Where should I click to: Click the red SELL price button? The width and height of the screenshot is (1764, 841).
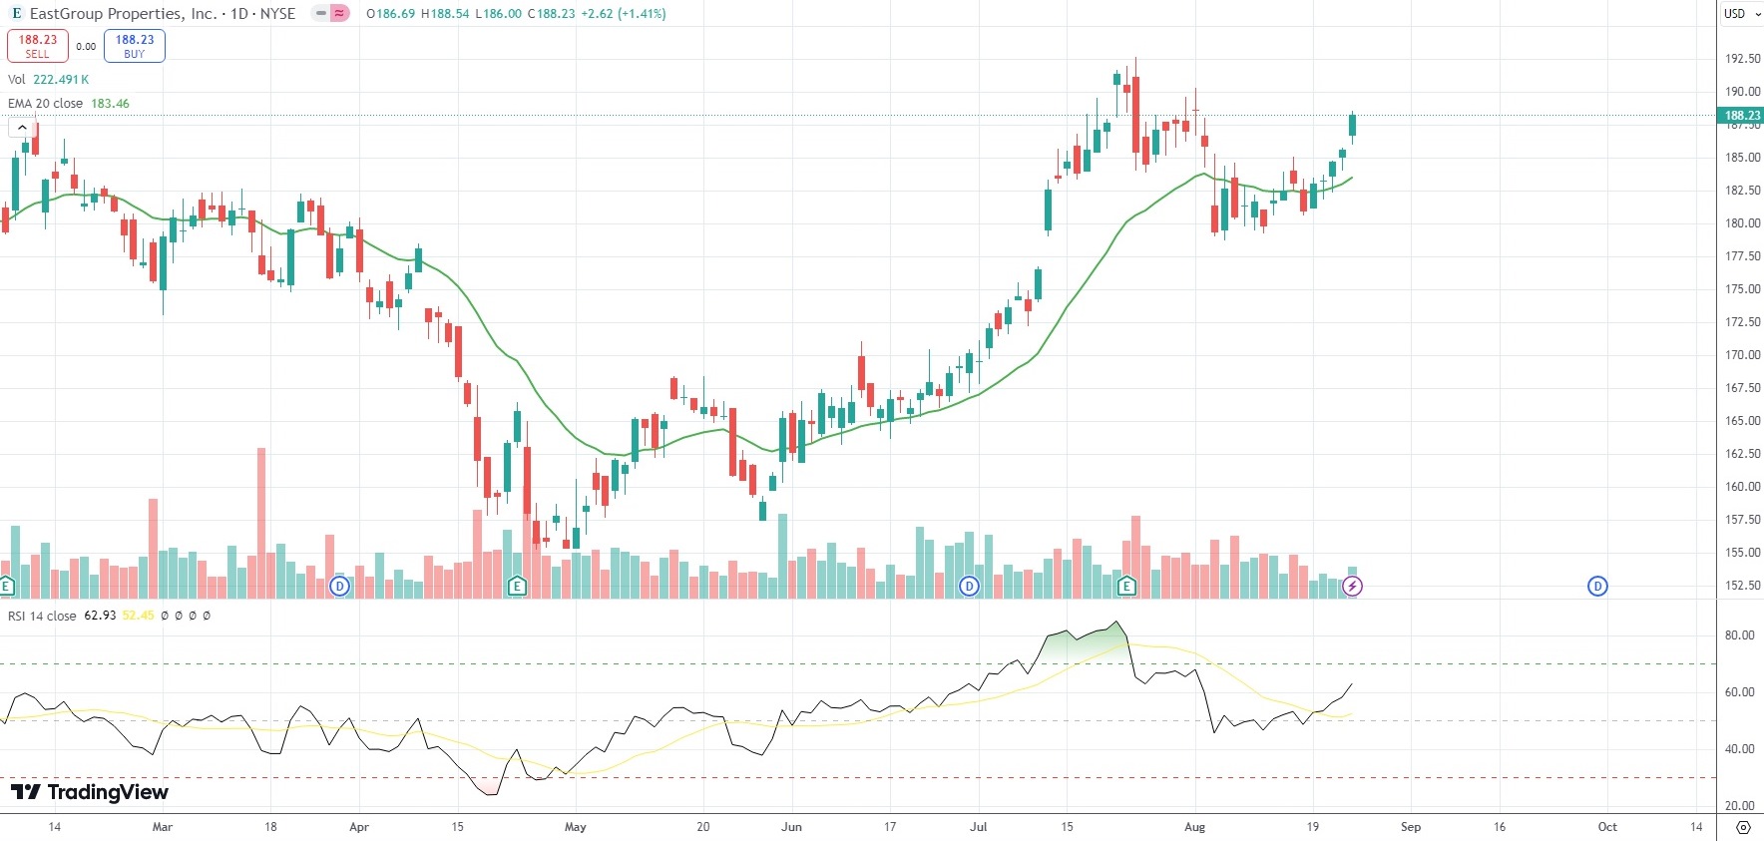pyautogui.click(x=37, y=46)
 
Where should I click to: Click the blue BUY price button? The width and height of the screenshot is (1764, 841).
pyautogui.click(x=135, y=46)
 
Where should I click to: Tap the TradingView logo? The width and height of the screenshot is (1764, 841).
pyautogui.click(x=90, y=792)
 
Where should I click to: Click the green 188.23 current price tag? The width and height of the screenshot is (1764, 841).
pyautogui.click(x=1742, y=116)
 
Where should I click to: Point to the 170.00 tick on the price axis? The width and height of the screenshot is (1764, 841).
pyautogui.click(x=1742, y=355)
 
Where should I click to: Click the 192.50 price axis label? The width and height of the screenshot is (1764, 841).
pyautogui.click(x=1742, y=59)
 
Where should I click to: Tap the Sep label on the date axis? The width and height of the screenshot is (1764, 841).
pyautogui.click(x=1410, y=827)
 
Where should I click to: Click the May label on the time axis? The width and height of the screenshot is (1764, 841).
pyautogui.click(x=576, y=827)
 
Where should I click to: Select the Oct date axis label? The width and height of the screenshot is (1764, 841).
pyautogui.click(x=1607, y=827)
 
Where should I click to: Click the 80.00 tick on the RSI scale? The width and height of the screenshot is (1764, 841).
pyautogui.click(x=1739, y=635)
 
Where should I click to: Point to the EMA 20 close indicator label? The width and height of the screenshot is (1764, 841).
pyautogui.click(x=46, y=104)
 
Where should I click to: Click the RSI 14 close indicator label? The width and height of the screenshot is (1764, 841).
pyautogui.click(x=42, y=616)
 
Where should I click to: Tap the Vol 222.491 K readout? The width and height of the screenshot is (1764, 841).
pyautogui.click(x=48, y=80)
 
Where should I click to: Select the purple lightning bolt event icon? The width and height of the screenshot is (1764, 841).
pyautogui.click(x=1353, y=587)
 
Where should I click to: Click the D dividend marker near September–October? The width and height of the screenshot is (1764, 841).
pyautogui.click(x=1597, y=587)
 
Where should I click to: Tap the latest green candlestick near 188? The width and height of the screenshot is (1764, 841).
pyautogui.click(x=1353, y=125)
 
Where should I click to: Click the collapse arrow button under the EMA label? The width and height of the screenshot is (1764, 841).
pyautogui.click(x=22, y=128)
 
